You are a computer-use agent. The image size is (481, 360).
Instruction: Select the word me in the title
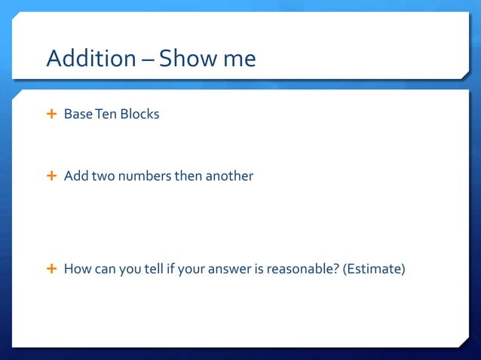point(240,59)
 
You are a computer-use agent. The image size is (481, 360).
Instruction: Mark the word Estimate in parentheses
point(373,268)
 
